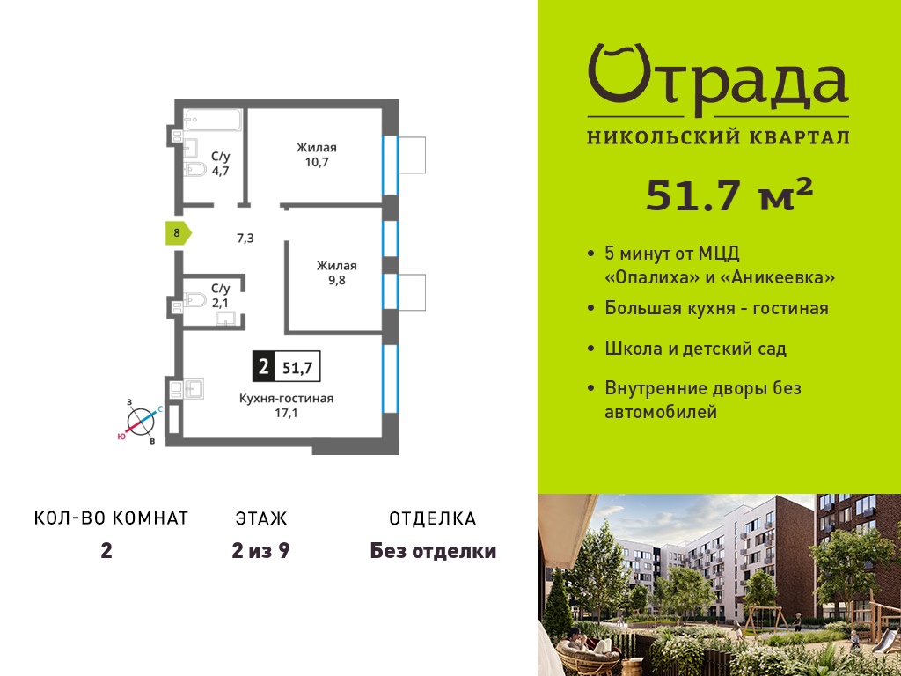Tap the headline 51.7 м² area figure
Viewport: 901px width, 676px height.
click(729, 194)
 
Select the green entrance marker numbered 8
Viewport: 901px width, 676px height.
click(178, 232)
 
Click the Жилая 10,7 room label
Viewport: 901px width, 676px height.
click(317, 155)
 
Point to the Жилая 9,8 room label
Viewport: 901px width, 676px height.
click(337, 273)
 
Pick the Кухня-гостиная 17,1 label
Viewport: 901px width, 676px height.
click(286, 405)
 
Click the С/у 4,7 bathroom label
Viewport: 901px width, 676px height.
click(220, 163)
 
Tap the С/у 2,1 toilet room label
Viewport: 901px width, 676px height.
click(220, 296)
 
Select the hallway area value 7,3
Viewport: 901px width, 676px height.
click(245, 238)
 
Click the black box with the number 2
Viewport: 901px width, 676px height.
click(264, 366)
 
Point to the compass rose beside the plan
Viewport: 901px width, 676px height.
click(140, 422)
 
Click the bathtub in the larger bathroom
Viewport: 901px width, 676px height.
click(212, 120)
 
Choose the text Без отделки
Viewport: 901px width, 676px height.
click(433, 551)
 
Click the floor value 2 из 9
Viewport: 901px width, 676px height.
click(260, 551)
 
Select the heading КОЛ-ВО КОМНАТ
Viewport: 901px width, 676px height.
click(112, 518)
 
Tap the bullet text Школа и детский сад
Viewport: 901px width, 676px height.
click(695, 349)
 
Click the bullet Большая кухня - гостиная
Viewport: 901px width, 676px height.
click(716, 308)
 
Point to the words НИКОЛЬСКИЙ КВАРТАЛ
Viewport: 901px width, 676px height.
click(718, 137)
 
